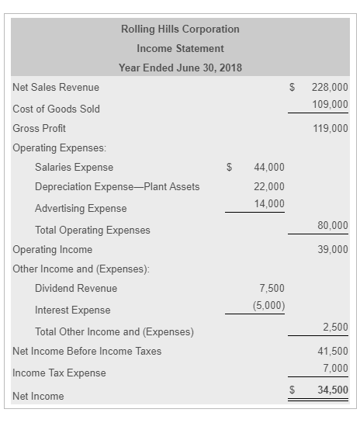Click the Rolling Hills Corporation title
[x=180, y=29]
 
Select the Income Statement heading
[x=180, y=49]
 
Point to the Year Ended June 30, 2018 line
[x=180, y=68]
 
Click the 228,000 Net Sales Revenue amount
[x=330, y=88]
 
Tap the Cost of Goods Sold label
[x=56, y=109]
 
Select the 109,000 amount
[x=330, y=104]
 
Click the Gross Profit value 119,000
[x=330, y=128]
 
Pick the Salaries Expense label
[x=74, y=168]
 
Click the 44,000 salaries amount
[x=269, y=168]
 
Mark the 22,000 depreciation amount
[x=269, y=186]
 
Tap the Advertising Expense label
[x=81, y=208]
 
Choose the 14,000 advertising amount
[x=269, y=203]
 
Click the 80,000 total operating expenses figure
[x=333, y=225]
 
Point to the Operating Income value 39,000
[x=333, y=249]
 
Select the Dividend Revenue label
[x=76, y=289]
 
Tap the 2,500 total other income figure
[x=335, y=327]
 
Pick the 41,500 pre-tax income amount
[x=333, y=351]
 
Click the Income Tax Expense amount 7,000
[x=335, y=368]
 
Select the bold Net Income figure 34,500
[x=333, y=390]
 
